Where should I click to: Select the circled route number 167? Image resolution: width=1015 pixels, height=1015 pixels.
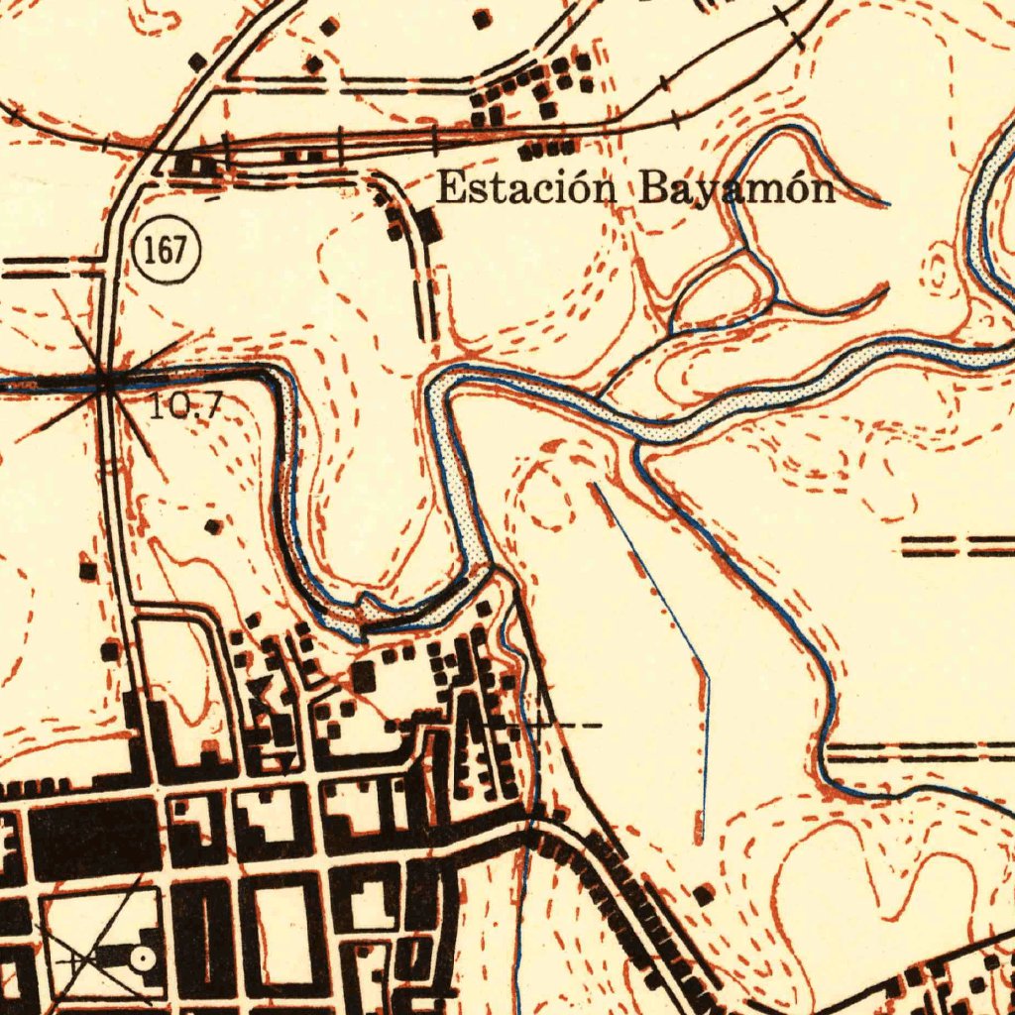point(165,250)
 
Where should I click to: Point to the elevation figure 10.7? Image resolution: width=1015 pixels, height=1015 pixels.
point(184,405)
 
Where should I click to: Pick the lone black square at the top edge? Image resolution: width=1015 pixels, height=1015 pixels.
point(483,18)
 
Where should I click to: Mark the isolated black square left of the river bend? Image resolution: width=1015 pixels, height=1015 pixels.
point(212,526)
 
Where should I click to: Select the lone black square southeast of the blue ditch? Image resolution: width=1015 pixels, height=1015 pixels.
point(704,896)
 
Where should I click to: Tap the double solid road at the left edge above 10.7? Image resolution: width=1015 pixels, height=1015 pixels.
point(50,266)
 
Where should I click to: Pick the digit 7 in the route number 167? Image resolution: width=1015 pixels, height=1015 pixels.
point(180,250)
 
